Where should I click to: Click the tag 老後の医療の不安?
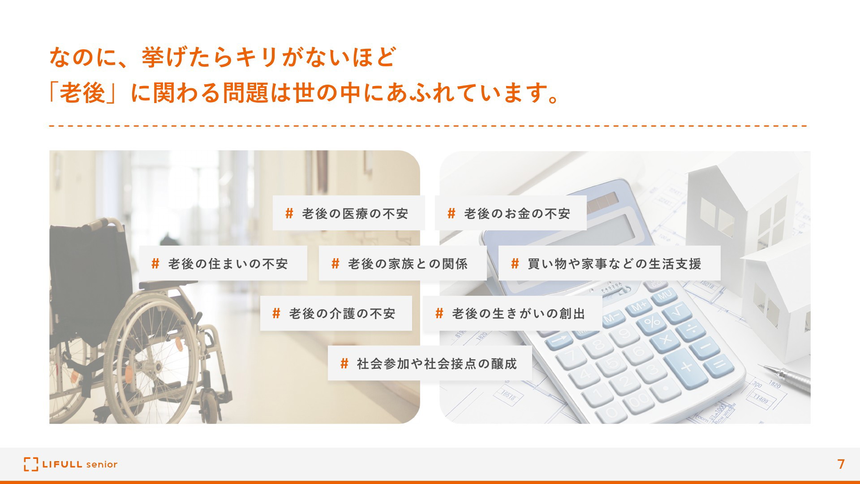pyautogui.click(x=349, y=213)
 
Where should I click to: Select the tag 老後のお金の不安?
pyautogui.click(x=511, y=213)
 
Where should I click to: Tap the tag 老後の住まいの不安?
pyautogui.click(x=223, y=263)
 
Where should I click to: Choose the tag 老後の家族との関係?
pyautogui.click(x=403, y=263)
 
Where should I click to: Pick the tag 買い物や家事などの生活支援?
pyautogui.click(x=610, y=263)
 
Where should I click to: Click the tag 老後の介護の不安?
pyautogui.click(x=336, y=313)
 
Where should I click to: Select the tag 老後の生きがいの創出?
pyautogui.click(x=512, y=313)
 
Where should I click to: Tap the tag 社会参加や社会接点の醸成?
pyautogui.click(x=430, y=363)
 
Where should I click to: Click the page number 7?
pyautogui.click(x=841, y=464)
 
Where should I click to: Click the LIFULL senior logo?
pyautogui.click(x=71, y=464)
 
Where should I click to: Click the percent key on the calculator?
pyautogui.click(x=652, y=322)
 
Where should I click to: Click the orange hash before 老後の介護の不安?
pyautogui.click(x=276, y=313)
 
